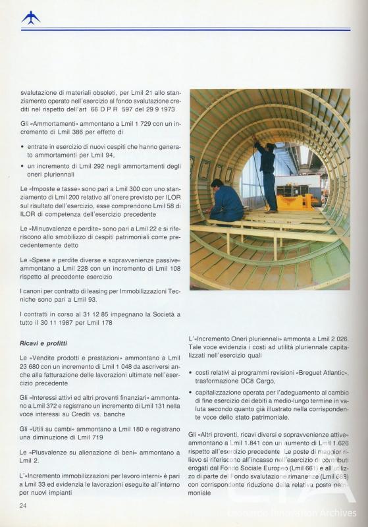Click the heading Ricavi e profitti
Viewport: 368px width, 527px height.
pyautogui.click(x=47, y=343)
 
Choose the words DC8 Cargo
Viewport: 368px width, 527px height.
pyautogui.click(x=256, y=381)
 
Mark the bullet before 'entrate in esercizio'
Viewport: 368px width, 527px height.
pyautogui.click(x=22, y=146)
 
